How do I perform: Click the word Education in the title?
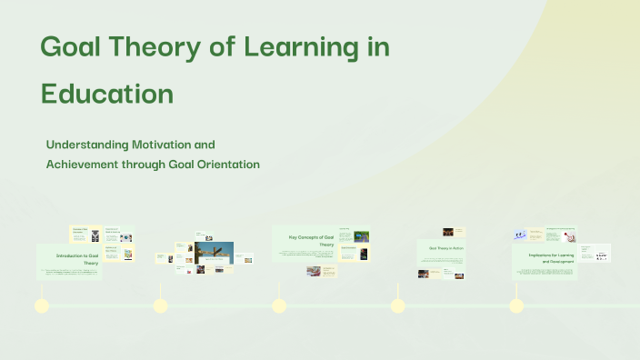(107, 94)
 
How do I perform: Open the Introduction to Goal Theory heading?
(76, 260)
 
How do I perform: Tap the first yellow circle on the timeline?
(41, 305)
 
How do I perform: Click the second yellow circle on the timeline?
(160, 305)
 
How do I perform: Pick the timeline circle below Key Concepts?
(279, 305)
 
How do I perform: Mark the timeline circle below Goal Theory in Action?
(397, 305)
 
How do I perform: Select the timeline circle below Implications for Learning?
(516, 305)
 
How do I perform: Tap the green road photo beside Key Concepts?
(361, 236)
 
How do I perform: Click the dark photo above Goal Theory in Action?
(448, 232)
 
